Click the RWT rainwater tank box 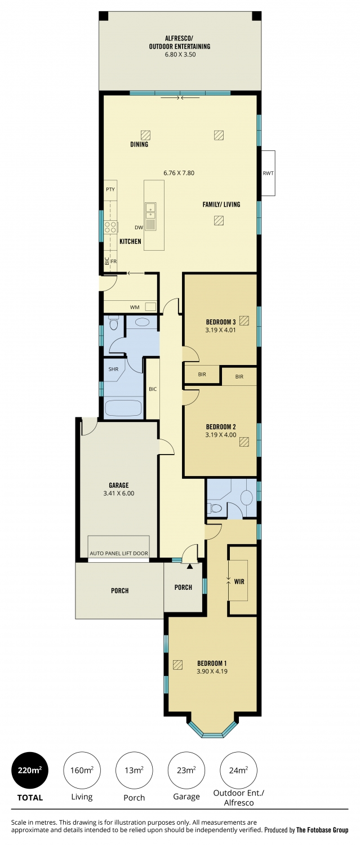[268, 173]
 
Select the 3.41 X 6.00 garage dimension [119, 493]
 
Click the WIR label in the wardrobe [239, 581]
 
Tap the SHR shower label [113, 370]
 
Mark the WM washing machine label [135, 307]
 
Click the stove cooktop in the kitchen [110, 227]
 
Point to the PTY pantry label [110, 189]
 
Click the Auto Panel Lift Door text [119, 553]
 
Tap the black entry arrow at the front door [190, 566]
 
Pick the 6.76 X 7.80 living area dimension [179, 173]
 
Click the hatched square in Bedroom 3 [244, 321]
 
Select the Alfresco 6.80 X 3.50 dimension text [180, 54]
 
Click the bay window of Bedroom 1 [212, 727]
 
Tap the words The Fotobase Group [322, 830]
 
